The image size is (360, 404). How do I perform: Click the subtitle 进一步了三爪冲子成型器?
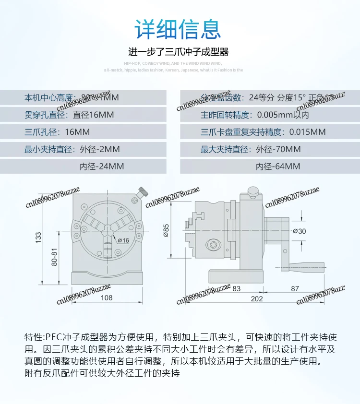(178, 52)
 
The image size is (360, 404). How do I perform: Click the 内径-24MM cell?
(102, 166)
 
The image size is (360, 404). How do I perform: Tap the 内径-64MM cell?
(278, 166)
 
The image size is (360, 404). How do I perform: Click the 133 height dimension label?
(38, 237)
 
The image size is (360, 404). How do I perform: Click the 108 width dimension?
(107, 297)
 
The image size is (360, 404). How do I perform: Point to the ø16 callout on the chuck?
(123, 240)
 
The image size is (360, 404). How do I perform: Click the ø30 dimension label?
(299, 231)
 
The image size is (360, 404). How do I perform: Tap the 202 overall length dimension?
(257, 298)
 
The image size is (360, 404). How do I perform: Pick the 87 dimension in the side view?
(295, 288)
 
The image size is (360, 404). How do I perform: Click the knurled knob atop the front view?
(143, 193)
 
